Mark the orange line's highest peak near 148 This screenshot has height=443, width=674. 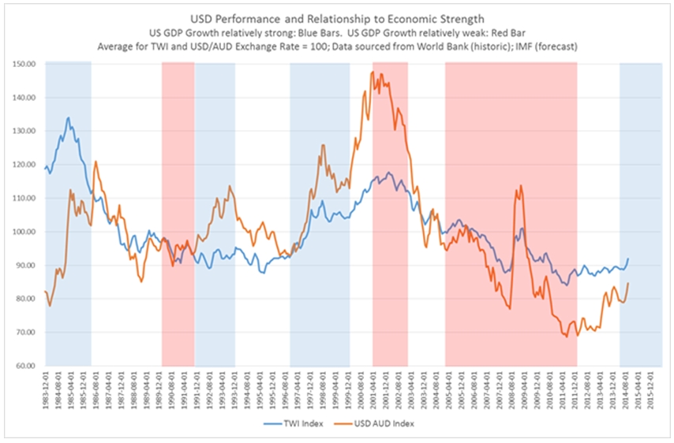click(372, 72)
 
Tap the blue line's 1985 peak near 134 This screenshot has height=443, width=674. click(69, 117)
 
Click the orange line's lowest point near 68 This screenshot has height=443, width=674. click(567, 337)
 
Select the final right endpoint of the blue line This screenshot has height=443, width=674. click(628, 258)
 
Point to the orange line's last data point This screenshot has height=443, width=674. click(628, 283)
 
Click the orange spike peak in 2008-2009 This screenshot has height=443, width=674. click(521, 185)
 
